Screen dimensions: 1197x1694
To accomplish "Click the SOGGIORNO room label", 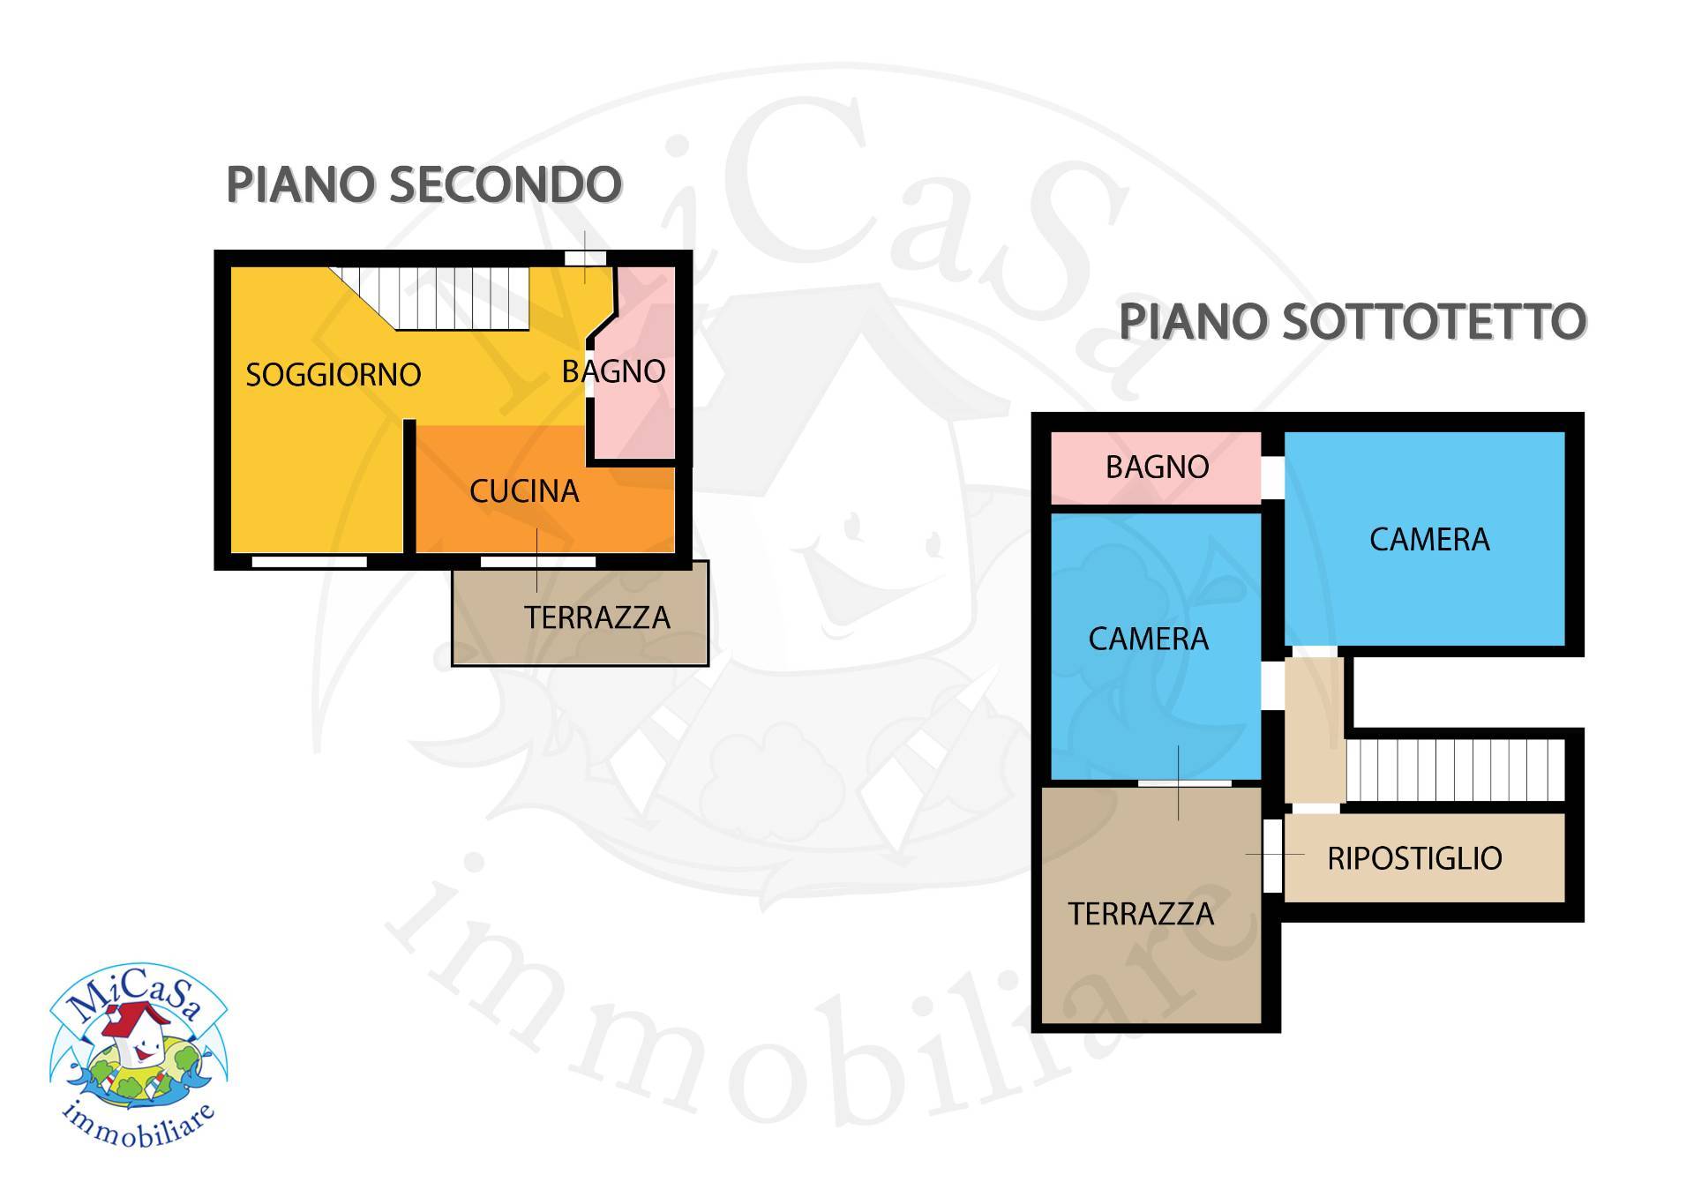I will [333, 375].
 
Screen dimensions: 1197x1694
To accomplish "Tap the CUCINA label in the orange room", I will [524, 491].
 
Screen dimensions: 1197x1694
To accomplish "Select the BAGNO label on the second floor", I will [614, 372].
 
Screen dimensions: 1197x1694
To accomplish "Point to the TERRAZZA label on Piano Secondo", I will [597, 617].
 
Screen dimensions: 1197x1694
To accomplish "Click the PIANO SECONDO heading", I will [424, 184].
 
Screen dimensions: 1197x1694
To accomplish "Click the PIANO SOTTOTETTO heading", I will [1353, 321].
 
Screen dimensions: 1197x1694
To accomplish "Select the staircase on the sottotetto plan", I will [1454, 769].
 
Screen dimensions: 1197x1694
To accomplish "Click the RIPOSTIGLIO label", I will [1414, 858].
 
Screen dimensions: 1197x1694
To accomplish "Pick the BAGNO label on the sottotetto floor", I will [1157, 467].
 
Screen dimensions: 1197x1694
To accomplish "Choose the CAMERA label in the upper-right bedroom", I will [1429, 539].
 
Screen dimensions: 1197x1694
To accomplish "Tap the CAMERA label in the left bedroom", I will [1148, 639].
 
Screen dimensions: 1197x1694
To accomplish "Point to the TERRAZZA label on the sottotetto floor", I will [1141, 914].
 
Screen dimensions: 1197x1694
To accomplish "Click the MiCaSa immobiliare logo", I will [138, 1055].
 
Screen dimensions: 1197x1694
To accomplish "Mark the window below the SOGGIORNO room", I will [309, 562].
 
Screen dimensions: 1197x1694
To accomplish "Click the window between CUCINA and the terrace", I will [537, 562].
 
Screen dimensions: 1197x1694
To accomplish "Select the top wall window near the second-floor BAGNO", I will [585, 258].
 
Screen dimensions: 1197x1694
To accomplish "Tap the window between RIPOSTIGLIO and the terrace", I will [1272, 856].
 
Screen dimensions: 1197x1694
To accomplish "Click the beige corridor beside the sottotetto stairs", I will [1313, 729].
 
